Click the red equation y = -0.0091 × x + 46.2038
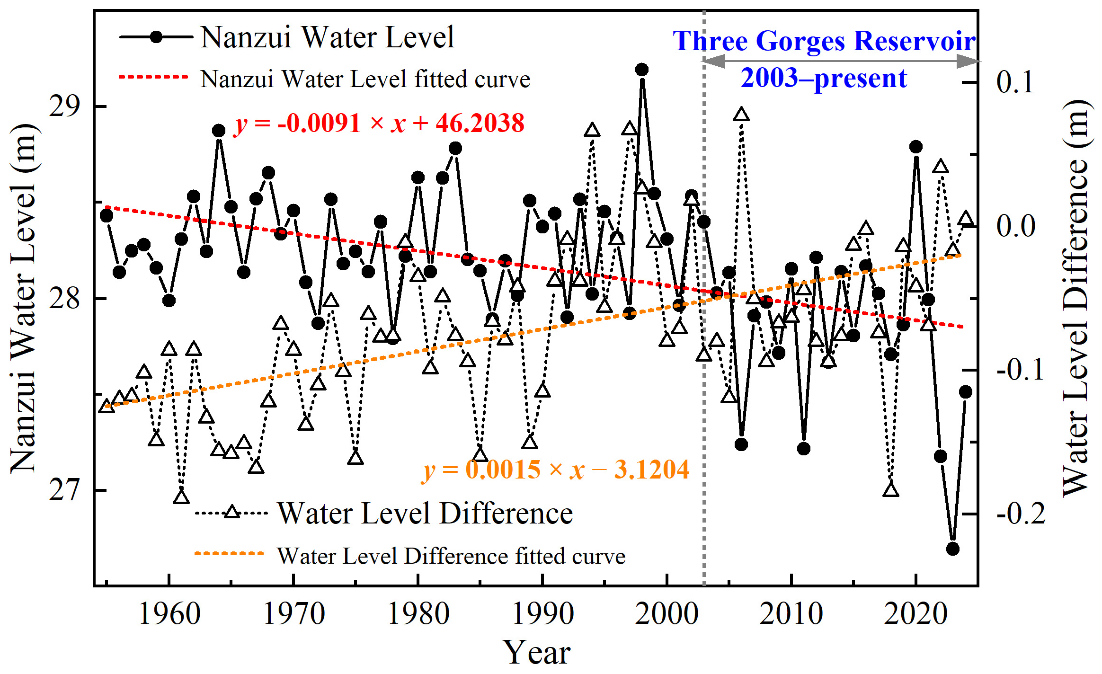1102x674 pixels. coord(379,124)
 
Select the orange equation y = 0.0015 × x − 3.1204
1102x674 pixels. coord(555,470)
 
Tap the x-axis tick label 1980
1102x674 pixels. coord(418,614)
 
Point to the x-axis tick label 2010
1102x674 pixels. coord(791,614)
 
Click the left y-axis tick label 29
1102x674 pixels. coord(64,106)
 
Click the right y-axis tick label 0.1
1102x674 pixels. coord(1015,82)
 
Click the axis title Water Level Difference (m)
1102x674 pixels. coord(1076,298)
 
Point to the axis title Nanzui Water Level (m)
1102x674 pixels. coord(24,298)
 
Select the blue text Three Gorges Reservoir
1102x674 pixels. coord(824,41)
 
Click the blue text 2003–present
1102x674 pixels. coord(824,78)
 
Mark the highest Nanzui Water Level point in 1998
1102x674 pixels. coord(642,70)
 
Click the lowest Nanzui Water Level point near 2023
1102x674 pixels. coord(953,549)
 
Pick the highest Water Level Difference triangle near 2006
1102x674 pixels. coord(741,115)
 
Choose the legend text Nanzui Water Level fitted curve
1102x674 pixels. coord(365,79)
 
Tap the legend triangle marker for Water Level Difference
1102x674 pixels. coord(232,512)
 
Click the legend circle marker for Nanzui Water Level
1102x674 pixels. coord(157,37)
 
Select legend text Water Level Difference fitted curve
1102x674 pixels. coord(451,557)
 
